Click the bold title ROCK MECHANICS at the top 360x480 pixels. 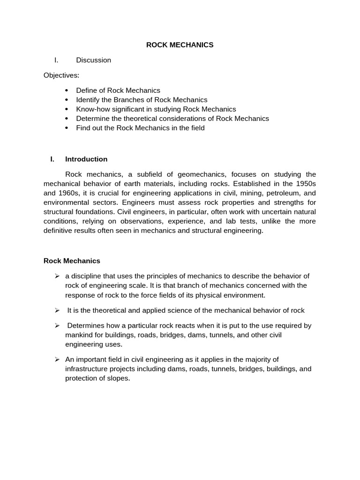(180, 45)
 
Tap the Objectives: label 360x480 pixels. (61, 75)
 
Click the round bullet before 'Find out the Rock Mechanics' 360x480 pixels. (67, 128)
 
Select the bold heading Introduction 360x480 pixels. (86, 159)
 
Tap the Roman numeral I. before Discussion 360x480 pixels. (56, 60)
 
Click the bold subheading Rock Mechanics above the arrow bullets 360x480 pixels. (72, 261)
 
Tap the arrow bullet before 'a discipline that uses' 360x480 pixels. (57, 276)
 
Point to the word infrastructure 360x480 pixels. (87, 369)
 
